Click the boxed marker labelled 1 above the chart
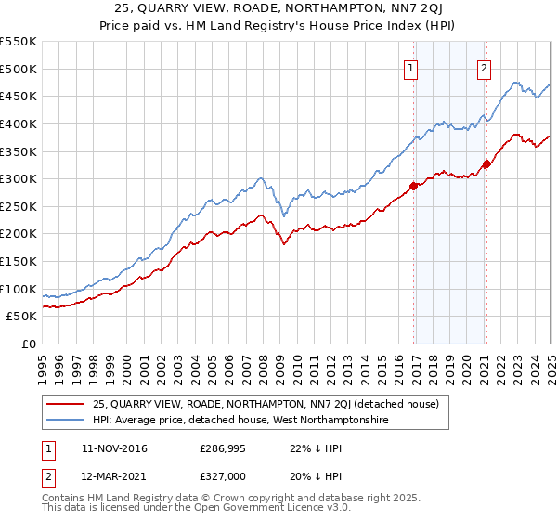click(410, 67)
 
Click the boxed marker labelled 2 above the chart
click(485, 67)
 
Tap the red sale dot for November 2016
click(414, 186)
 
